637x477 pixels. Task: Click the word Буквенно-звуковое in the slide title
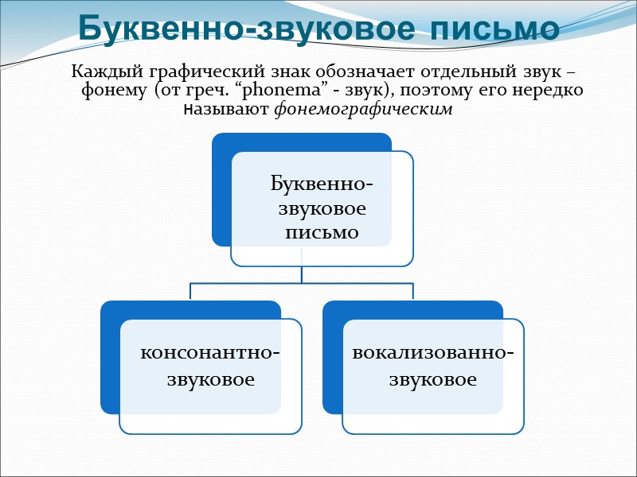click(x=245, y=28)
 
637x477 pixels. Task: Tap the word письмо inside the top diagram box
click(x=321, y=233)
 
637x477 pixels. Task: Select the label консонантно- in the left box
click(x=210, y=351)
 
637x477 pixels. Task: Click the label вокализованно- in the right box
click(x=432, y=351)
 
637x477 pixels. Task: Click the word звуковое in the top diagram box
click(x=321, y=209)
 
